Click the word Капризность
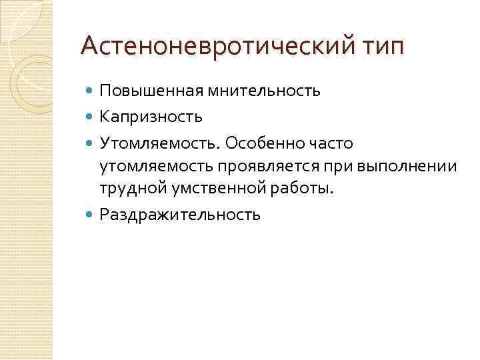point(151,117)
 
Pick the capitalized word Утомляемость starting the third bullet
point(159,143)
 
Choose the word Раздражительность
point(180,215)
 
